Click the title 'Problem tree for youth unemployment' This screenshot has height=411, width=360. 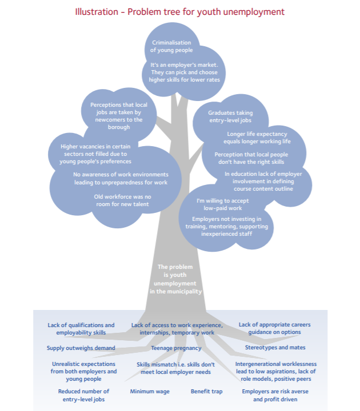click(206, 12)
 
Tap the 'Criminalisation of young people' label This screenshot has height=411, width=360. click(171, 46)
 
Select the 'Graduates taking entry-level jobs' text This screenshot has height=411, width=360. click(230, 116)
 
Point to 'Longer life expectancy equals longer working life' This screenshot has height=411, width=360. click(257, 138)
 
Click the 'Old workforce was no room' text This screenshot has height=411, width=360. click(122, 200)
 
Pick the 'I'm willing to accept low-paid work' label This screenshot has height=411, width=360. click(222, 204)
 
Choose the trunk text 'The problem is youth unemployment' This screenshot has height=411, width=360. click(175, 279)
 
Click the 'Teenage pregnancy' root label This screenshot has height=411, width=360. click(176, 348)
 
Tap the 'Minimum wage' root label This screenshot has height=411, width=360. click(150, 392)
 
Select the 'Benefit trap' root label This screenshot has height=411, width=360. click(206, 392)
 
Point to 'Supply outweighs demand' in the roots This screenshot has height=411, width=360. click(81, 348)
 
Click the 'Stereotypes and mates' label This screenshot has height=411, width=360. click(275, 347)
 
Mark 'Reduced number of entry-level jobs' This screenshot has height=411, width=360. click(83, 395)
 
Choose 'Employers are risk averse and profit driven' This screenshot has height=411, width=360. click(275, 395)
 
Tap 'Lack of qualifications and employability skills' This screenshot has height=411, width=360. click(81, 329)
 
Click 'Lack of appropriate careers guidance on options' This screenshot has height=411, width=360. click(274, 328)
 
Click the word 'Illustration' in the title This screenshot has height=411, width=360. click(97, 12)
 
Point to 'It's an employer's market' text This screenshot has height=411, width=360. click(184, 65)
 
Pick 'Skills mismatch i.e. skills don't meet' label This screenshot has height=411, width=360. click(175, 368)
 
